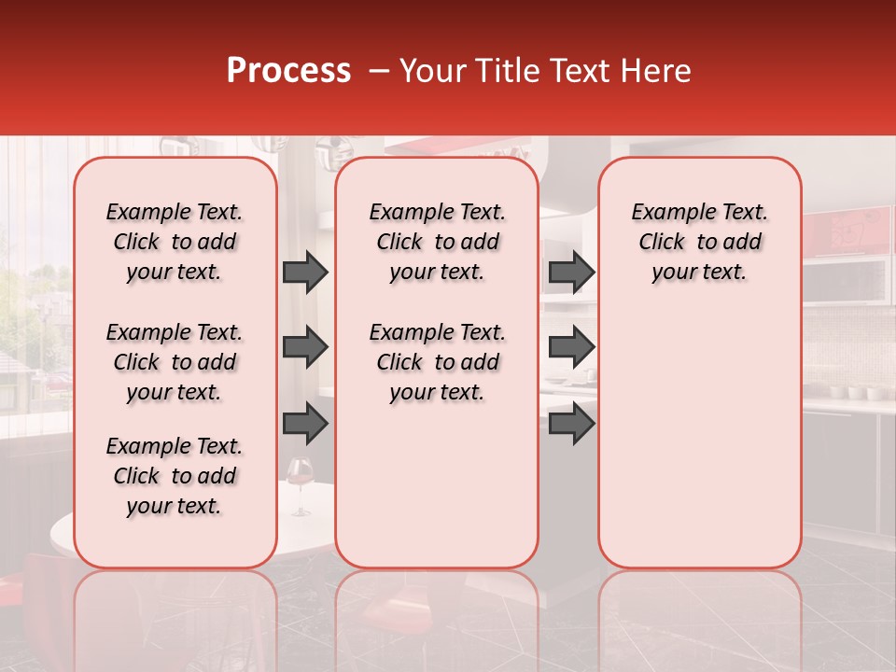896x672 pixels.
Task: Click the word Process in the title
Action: (x=288, y=71)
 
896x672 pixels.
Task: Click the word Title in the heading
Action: (x=505, y=71)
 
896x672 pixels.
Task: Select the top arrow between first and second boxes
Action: (x=305, y=273)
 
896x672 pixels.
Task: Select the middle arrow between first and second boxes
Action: (x=305, y=348)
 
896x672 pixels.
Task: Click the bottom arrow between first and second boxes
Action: (x=305, y=424)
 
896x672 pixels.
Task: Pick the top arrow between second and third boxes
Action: (x=571, y=273)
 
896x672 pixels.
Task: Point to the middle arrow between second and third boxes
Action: (x=571, y=348)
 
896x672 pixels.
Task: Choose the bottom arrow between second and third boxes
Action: (x=571, y=424)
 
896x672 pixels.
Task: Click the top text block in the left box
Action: (x=175, y=243)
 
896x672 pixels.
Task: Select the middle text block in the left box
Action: (x=175, y=362)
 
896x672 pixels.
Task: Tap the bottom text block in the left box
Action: (x=175, y=476)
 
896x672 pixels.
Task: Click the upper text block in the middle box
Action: (x=437, y=243)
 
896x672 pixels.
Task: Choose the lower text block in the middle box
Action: (x=437, y=362)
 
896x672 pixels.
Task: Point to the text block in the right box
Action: (x=699, y=243)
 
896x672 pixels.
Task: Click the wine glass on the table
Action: (x=300, y=483)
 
